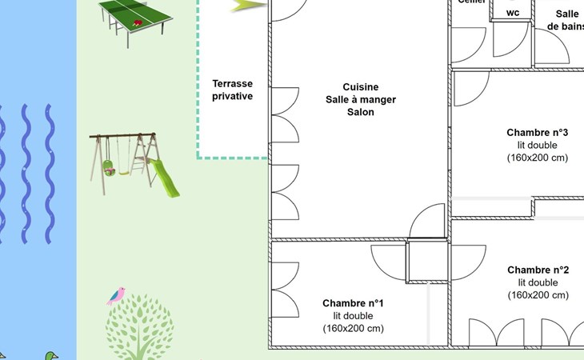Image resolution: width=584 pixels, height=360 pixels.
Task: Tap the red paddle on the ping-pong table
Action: pyautogui.click(x=137, y=24)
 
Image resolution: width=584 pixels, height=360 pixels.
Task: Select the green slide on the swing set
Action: pyautogui.click(x=163, y=178)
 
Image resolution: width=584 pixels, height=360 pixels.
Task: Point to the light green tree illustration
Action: pyautogui.click(x=140, y=326)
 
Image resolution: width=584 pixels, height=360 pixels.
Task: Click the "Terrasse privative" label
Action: pyautogui.click(x=232, y=90)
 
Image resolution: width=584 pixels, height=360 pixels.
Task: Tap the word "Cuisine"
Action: pyautogui.click(x=360, y=87)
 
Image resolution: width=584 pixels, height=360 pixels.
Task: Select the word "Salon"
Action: pyautogui.click(x=360, y=113)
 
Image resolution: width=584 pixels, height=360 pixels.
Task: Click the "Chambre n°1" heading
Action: pyautogui.click(x=353, y=303)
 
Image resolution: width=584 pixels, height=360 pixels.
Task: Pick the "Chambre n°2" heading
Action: pyautogui.click(x=538, y=270)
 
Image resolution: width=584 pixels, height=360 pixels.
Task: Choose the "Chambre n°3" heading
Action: pyautogui.click(x=537, y=133)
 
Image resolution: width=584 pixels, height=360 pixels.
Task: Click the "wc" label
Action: pyautogui.click(x=513, y=13)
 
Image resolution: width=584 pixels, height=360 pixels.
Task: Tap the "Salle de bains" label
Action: pyautogui.click(x=566, y=20)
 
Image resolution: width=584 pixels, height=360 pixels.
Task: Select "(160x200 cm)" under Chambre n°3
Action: pyautogui.click(x=537, y=158)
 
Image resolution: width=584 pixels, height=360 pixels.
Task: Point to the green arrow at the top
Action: pyautogui.click(x=249, y=5)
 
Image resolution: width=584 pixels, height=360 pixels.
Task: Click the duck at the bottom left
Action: pyautogui.click(x=51, y=354)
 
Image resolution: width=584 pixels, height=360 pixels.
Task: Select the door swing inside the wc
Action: pyautogui.click(x=510, y=40)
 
